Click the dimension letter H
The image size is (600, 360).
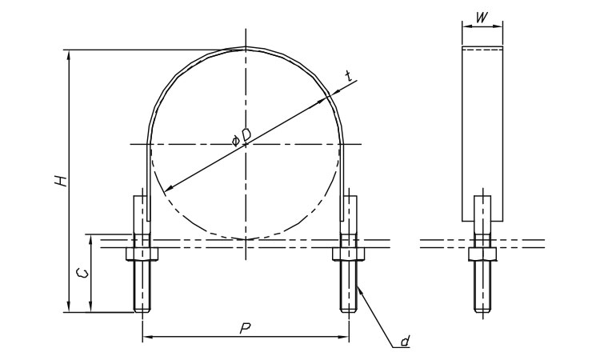[x=61, y=181]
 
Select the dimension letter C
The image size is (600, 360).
[x=82, y=273]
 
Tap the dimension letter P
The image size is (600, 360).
[x=245, y=328]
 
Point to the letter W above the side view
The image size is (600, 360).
[x=483, y=18]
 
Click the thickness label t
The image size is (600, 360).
[x=348, y=77]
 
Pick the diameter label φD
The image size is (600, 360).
[x=241, y=138]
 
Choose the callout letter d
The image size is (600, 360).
[x=405, y=341]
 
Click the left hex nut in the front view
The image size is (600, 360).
[x=142, y=254]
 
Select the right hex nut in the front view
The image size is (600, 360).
[x=349, y=254]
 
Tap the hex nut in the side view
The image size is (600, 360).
[x=482, y=254]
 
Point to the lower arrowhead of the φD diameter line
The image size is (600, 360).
[x=168, y=188]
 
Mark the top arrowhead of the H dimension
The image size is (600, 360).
[x=69, y=55]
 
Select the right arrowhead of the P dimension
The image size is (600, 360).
[x=343, y=337]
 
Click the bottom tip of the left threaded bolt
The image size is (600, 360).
[x=142, y=312]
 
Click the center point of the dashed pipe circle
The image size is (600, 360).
[x=246, y=144]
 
